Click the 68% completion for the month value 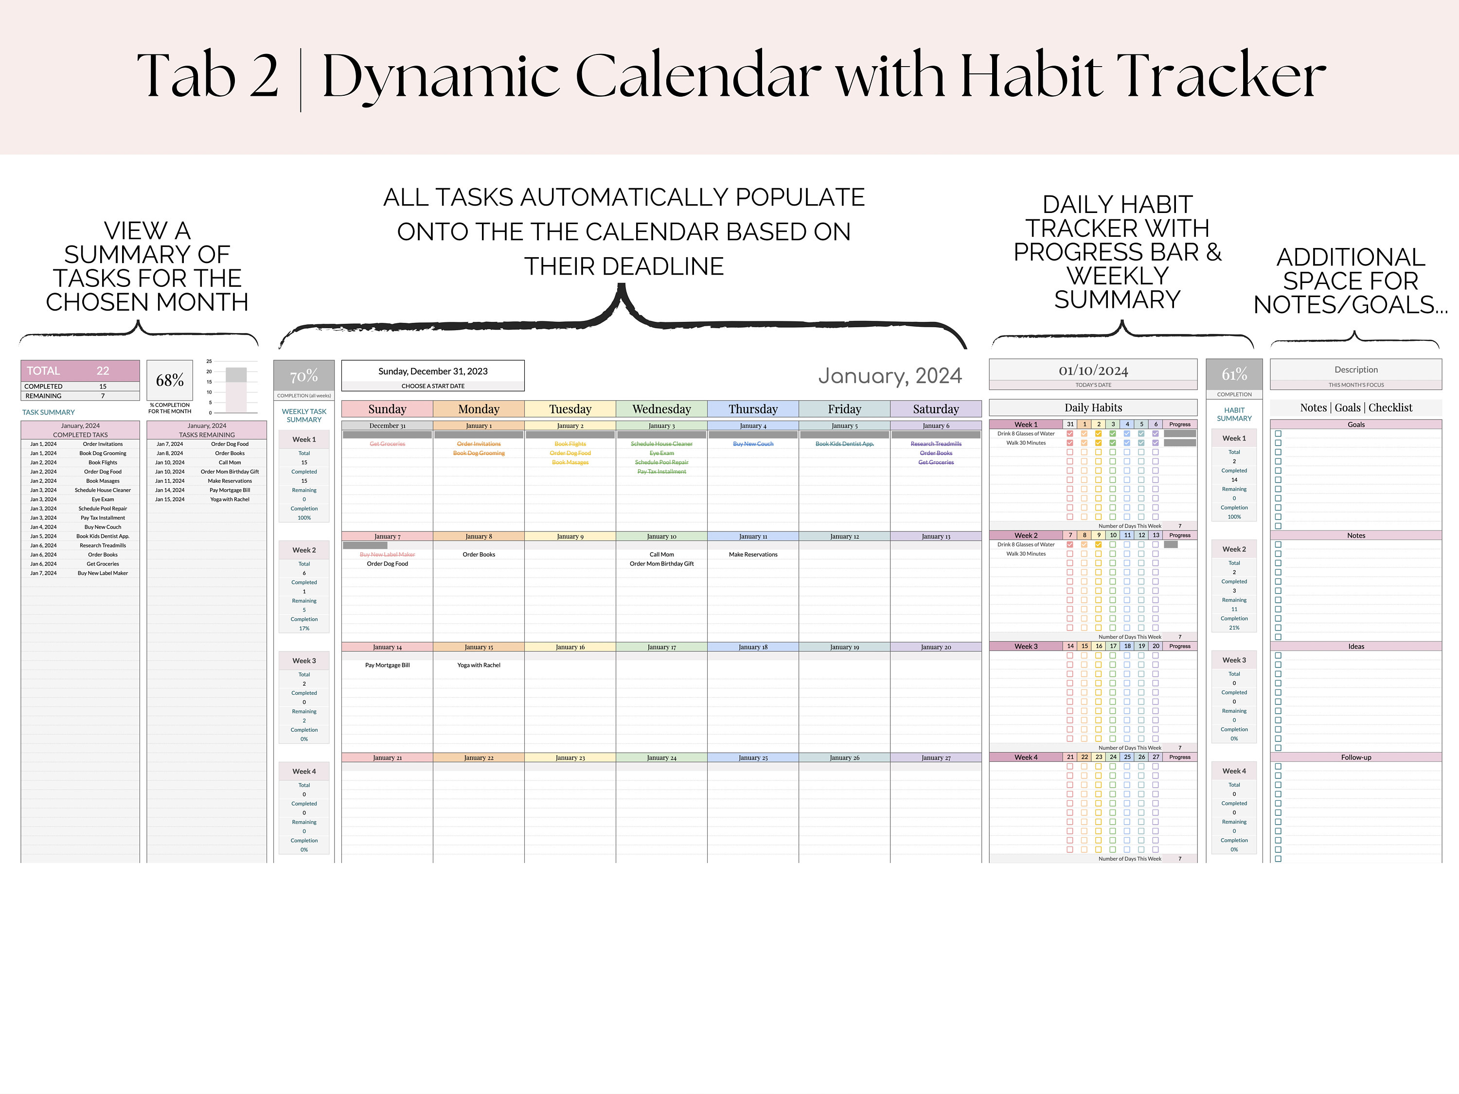tap(170, 381)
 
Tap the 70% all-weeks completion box tap(303, 376)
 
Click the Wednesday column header tap(661, 409)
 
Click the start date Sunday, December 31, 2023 tap(433, 371)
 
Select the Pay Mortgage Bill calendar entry tap(387, 665)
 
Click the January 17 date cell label tap(661, 647)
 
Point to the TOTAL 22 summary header tap(80, 371)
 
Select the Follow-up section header tap(1355, 757)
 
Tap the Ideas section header tap(1355, 646)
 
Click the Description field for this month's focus tap(1355, 370)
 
